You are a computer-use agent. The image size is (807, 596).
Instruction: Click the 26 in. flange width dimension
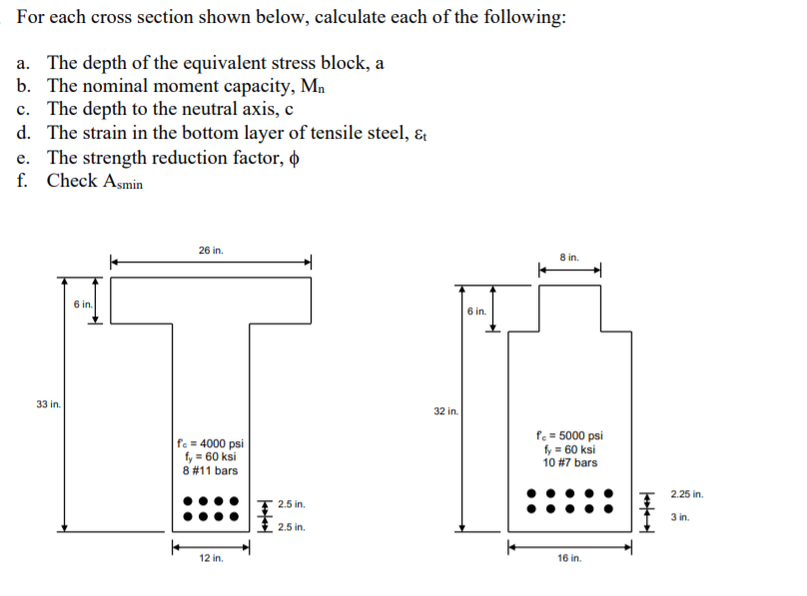[x=211, y=250]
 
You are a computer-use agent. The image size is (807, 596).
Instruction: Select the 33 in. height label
[x=47, y=404]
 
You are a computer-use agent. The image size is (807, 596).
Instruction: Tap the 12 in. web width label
[x=211, y=559]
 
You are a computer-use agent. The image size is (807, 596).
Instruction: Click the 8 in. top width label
[x=569, y=257]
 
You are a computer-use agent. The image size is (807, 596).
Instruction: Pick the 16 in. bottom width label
[x=569, y=559]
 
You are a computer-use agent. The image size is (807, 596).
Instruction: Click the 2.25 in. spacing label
[x=686, y=493]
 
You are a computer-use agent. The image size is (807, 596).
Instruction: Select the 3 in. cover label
[x=680, y=517]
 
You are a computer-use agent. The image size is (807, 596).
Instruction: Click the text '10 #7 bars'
[x=570, y=462]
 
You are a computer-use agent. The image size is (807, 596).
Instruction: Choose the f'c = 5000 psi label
[x=570, y=435]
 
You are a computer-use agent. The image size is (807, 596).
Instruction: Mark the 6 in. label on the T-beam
[x=83, y=303]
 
